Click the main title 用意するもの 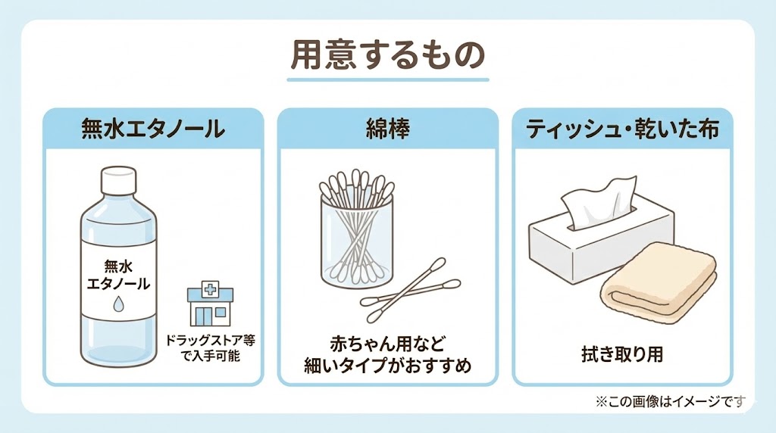[x=387, y=57]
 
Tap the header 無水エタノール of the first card [x=153, y=129]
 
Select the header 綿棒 [x=387, y=129]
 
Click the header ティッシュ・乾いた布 [x=622, y=129]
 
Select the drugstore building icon [x=210, y=305]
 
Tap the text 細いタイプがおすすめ [x=387, y=366]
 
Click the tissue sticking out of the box [x=599, y=201]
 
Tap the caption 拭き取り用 [x=621, y=353]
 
